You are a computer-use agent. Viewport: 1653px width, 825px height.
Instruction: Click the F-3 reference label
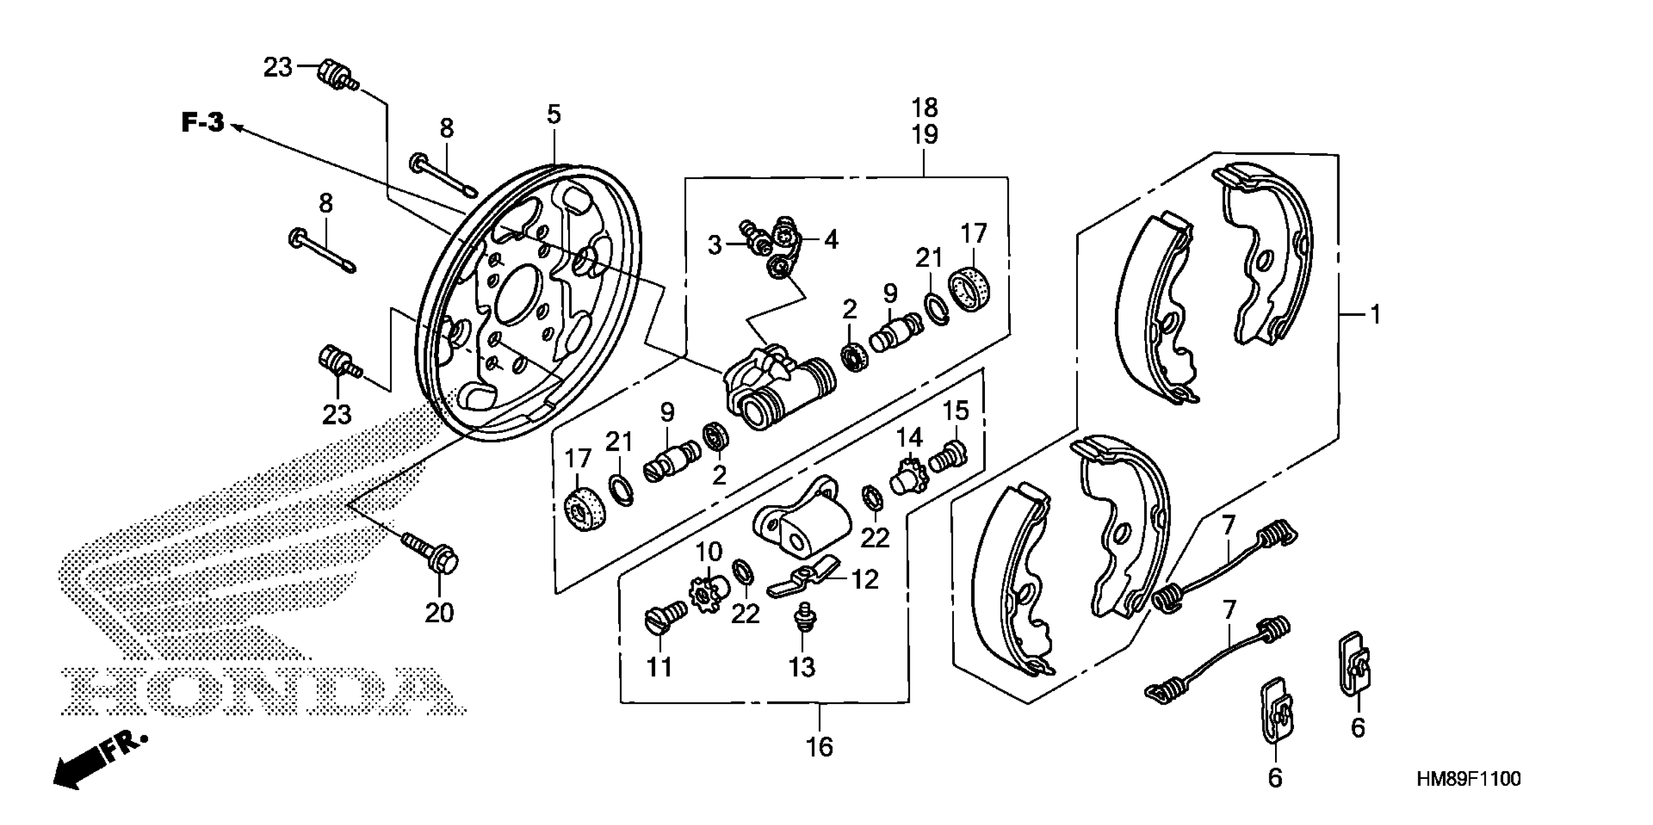pos(203,122)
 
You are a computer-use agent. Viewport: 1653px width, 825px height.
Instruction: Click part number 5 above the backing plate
pos(554,115)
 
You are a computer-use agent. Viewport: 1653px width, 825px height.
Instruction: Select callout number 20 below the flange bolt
pos(440,612)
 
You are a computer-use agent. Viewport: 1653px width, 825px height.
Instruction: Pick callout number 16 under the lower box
pos(819,747)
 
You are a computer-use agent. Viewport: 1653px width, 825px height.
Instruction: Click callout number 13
pos(802,667)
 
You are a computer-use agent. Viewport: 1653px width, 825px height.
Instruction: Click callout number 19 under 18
pos(925,135)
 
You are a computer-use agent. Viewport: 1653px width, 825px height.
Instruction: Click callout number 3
pos(715,245)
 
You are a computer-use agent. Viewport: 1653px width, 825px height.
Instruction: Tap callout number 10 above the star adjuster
pos(709,551)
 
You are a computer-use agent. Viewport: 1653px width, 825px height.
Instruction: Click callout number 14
pos(909,437)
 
